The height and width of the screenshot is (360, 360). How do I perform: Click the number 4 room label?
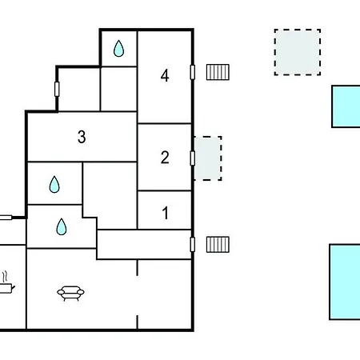[165, 75]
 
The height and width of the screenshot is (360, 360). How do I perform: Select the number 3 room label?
[82, 137]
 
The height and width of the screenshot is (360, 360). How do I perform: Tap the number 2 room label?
[165, 158]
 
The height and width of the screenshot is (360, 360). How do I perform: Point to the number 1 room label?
[166, 213]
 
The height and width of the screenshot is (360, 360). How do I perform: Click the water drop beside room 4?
[118, 49]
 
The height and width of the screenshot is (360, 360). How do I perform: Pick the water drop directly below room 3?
[54, 185]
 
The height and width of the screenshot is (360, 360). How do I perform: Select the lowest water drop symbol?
[62, 227]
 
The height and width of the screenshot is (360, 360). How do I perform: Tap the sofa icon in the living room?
[70, 294]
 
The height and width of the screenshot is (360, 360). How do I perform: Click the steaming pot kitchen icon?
[6, 283]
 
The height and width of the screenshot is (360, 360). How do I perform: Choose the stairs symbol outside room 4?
[218, 72]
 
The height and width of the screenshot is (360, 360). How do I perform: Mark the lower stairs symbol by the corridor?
[218, 244]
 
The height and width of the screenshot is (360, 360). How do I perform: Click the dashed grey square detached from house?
[298, 52]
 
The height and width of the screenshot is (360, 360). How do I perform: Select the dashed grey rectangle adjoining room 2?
[208, 158]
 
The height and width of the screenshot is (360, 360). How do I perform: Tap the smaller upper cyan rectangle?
[346, 106]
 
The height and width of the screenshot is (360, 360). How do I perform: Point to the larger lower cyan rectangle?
[345, 282]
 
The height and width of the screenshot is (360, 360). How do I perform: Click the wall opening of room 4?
[193, 72]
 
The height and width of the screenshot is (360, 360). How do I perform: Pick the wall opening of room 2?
[193, 158]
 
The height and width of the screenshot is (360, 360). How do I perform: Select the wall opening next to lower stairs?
[193, 244]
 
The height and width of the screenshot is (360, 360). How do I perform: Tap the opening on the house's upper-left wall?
[57, 89]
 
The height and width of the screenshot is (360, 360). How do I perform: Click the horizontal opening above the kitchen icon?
[6, 218]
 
